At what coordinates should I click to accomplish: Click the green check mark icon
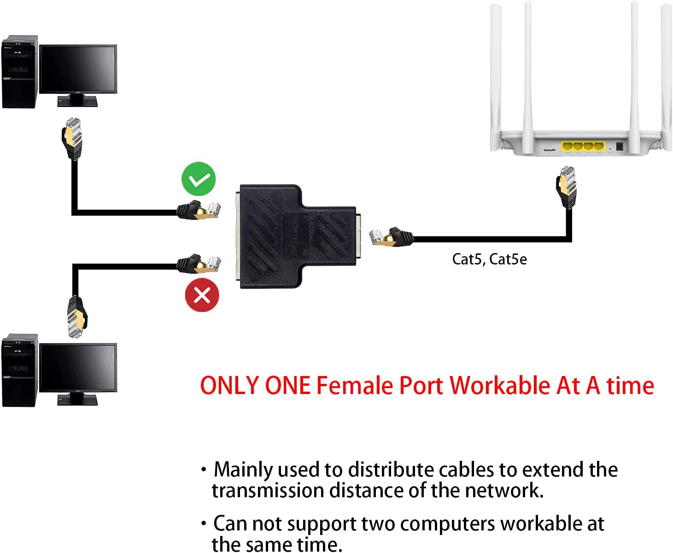199,179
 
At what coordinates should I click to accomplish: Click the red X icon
202,295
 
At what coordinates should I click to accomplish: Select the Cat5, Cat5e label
489,259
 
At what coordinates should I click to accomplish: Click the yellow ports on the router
582,147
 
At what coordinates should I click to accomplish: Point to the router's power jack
620,147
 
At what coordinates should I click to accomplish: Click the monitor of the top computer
78,69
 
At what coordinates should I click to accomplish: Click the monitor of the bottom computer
78,368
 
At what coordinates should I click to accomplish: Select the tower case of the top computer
19,73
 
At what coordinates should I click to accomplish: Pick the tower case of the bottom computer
19,371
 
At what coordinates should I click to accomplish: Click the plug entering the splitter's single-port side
389,236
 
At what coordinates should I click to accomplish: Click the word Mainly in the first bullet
243,470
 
